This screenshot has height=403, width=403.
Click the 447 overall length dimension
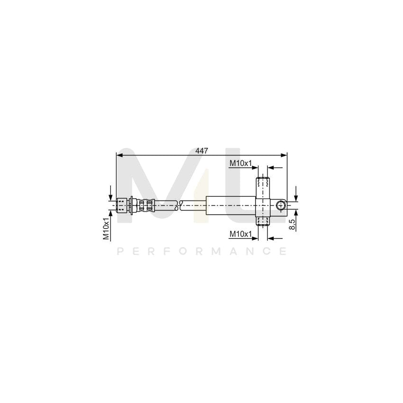pyautogui.click(x=202, y=150)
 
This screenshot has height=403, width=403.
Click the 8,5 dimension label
pyautogui.click(x=293, y=224)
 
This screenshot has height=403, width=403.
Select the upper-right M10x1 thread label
pyautogui.click(x=240, y=163)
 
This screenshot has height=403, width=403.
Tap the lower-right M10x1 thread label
pyautogui.click(x=240, y=234)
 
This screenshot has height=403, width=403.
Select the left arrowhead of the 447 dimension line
pyautogui.click(x=119, y=155)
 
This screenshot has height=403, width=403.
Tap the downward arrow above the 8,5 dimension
pyautogui.click(x=295, y=195)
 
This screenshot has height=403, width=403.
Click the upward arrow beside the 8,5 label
pyautogui.click(x=295, y=215)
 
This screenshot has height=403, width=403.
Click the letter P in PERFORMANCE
pyautogui.click(x=120, y=251)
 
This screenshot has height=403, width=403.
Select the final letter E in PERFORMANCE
pyautogui.click(x=283, y=251)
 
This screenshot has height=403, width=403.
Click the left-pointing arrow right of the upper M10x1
pyautogui.click(x=271, y=167)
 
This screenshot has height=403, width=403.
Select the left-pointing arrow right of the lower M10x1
pyautogui.click(x=271, y=238)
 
